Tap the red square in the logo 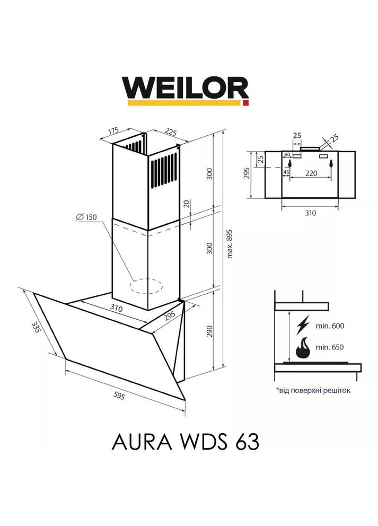coord(245,102)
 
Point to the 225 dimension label coord(170,132)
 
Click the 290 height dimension coord(209,331)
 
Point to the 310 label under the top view coord(310,214)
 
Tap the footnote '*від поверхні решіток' coord(313,390)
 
